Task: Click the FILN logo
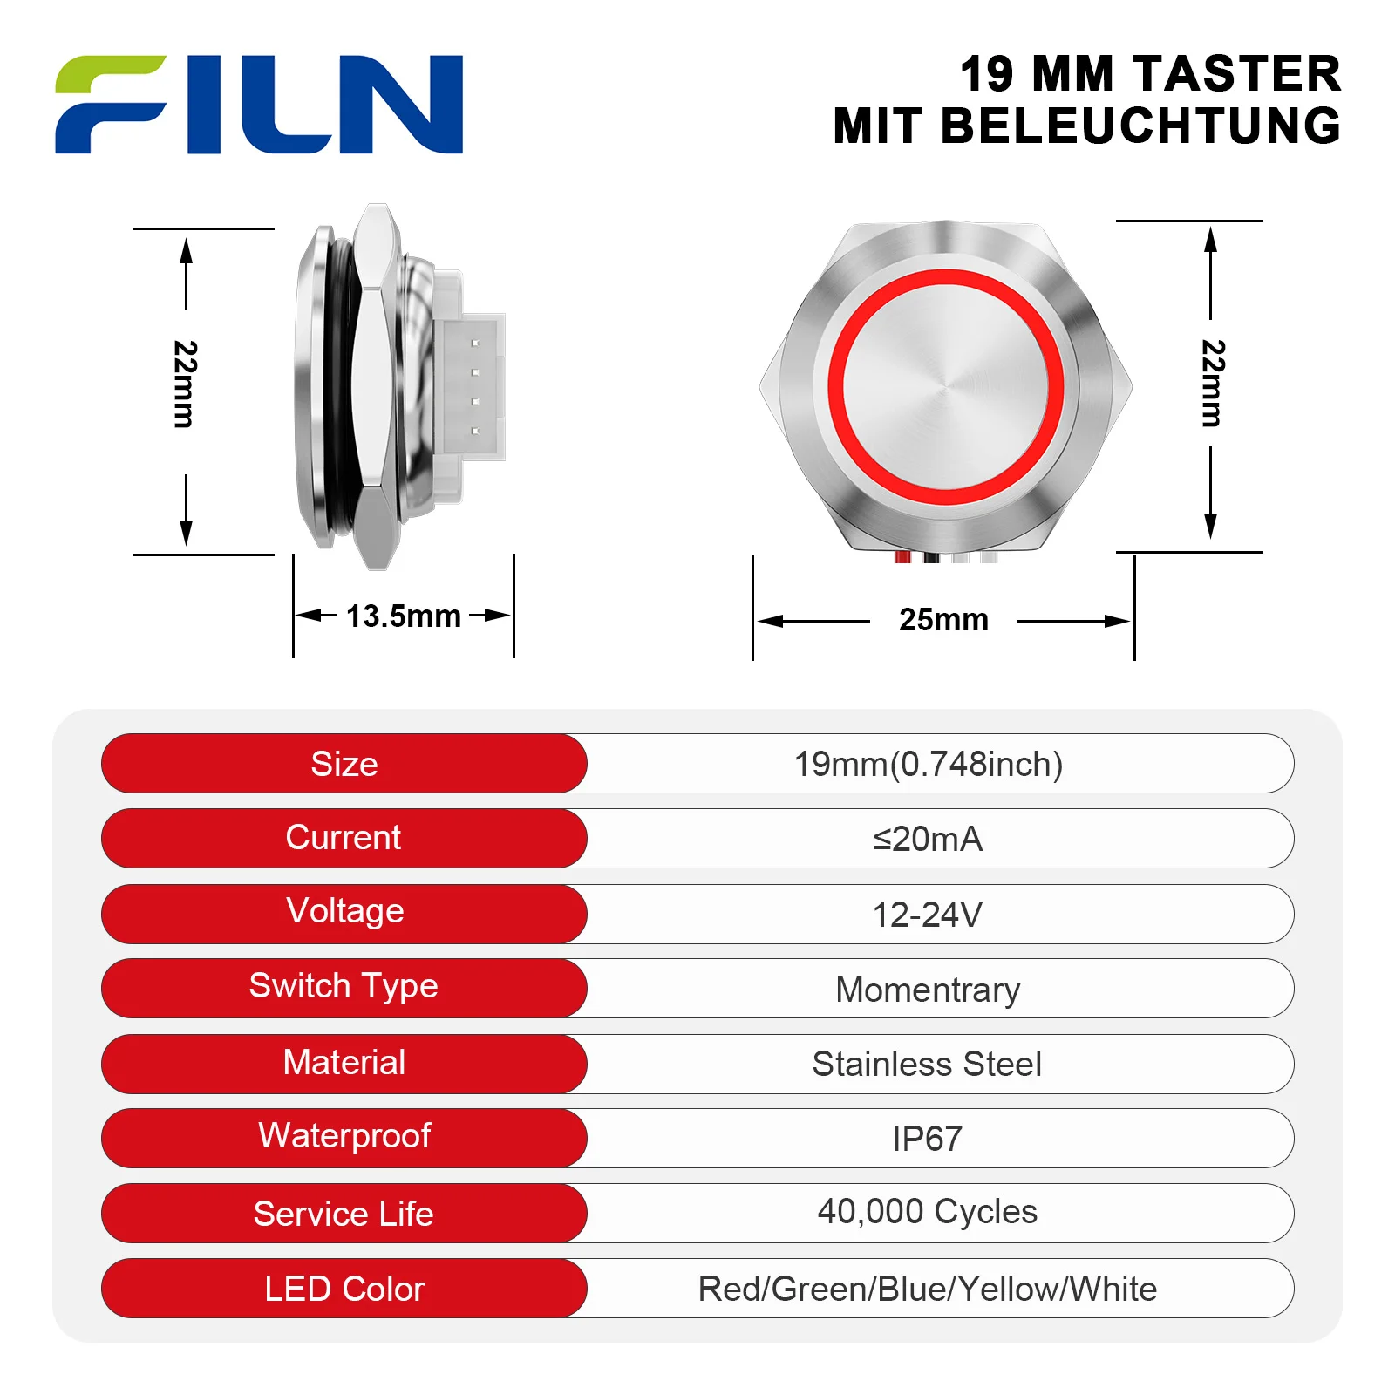tap(259, 105)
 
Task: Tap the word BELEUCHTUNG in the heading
tap(1141, 126)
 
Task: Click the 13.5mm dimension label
tap(404, 616)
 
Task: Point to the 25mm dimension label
tap(944, 620)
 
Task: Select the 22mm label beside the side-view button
tap(186, 384)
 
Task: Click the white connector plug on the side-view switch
tap(469, 386)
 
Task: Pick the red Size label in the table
tap(344, 764)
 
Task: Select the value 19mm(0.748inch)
tap(929, 765)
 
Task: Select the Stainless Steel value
tap(927, 1065)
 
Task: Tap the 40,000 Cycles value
tap(928, 1213)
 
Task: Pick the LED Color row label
tap(344, 1289)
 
